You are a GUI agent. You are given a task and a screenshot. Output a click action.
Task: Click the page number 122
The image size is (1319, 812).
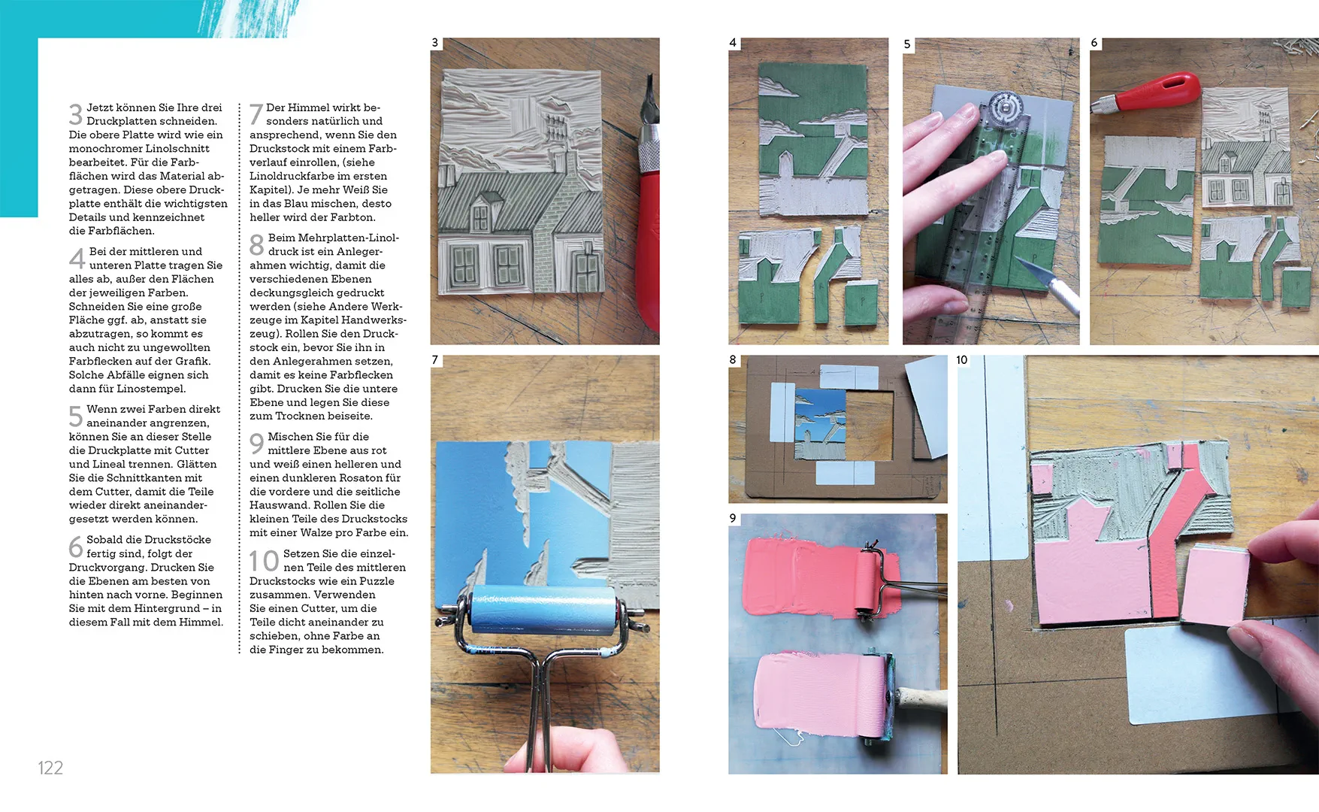click(50, 768)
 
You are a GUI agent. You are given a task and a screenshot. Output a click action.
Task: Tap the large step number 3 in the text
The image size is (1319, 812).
click(75, 114)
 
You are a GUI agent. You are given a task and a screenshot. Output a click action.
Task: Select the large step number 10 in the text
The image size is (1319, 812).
click(264, 561)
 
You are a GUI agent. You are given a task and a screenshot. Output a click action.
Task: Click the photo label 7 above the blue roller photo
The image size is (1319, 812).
click(435, 360)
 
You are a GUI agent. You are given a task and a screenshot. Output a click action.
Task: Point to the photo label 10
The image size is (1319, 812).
click(962, 360)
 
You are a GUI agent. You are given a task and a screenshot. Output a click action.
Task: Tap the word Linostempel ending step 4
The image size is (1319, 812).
click(150, 389)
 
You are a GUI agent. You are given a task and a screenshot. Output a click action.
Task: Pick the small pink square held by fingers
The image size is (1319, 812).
click(1215, 586)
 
